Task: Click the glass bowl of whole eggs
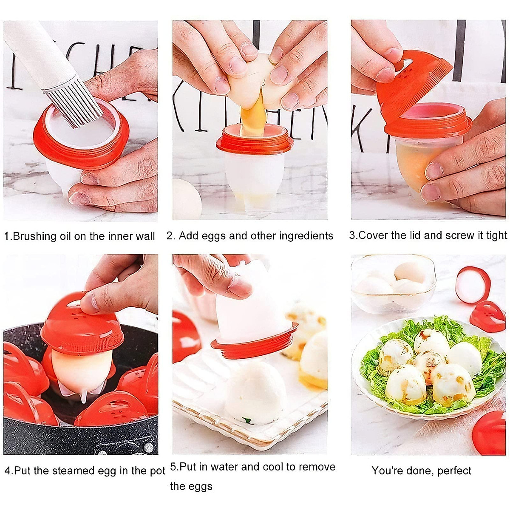393,283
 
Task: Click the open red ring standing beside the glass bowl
473,285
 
